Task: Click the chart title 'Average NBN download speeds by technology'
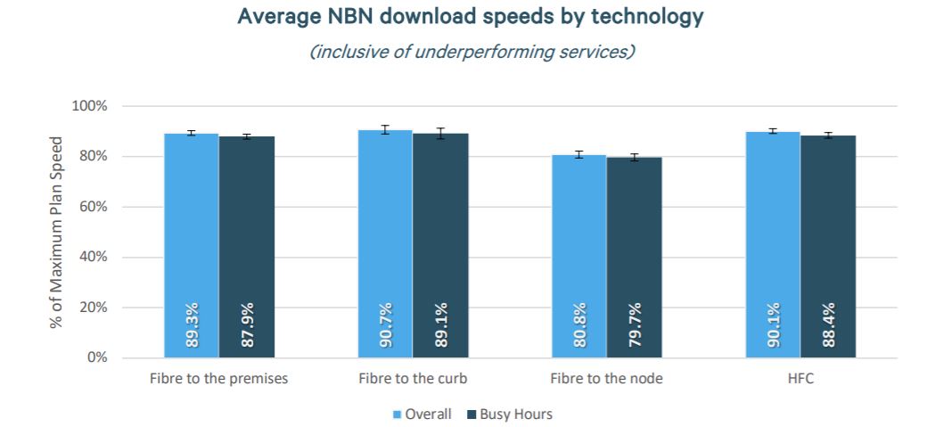tap(472, 18)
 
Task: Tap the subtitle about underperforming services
tap(472, 52)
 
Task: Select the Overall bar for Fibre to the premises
tap(191, 241)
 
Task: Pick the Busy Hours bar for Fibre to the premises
tap(247, 241)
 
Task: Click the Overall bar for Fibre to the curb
tap(385, 241)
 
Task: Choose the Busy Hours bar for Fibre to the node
tap(634, 250)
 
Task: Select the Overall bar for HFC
tap(772, 241)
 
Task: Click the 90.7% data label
tap(386, 325)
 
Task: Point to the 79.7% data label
tap(635, 325)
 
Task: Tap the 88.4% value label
tap(828, 325)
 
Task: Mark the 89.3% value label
tap(192, 325)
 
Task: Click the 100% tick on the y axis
tap(89, 106)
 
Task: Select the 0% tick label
tap(96, 357)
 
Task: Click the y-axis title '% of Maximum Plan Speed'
tap(56, 232)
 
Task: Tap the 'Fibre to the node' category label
tap(606, 379)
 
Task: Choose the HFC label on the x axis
tap(800, 379)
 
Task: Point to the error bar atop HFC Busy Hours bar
tap(828, 135)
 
